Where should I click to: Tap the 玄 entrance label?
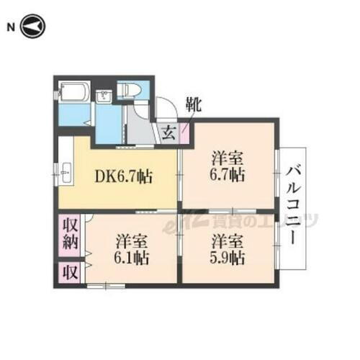[167, 132]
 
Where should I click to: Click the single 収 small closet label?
[69, 271]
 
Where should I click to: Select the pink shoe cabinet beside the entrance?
[184, 133]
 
